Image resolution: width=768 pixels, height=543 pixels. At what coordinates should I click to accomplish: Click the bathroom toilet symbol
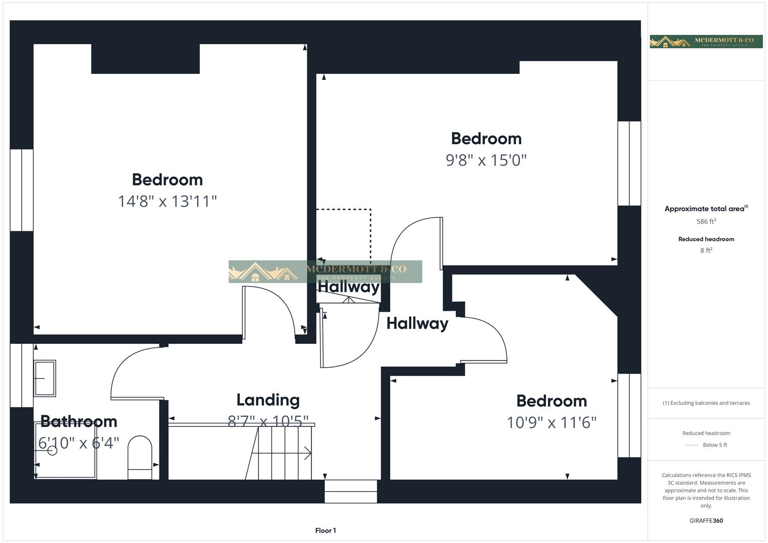tap(140, 457)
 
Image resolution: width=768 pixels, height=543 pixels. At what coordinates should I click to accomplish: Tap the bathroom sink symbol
tap(45, 378)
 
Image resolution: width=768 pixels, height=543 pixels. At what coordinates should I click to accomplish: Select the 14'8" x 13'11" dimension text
tap(167, 201)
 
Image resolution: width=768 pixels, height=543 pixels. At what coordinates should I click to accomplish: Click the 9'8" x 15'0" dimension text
tap(486, 160)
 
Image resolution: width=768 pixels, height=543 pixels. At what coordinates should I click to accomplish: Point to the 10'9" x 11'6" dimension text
tap(551, 422)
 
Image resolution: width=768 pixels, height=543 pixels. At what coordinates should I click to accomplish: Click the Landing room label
tap(268, 400)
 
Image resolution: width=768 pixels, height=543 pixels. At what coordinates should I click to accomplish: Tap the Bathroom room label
tap(78, 421)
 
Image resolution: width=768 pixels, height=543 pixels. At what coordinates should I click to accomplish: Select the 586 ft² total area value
tap(706, 221)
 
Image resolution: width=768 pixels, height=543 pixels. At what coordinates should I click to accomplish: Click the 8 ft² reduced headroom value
tap(706, 250)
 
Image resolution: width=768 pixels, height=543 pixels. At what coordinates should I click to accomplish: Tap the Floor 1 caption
tap(325, 530)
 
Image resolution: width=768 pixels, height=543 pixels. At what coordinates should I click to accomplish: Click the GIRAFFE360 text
tap(706, 520)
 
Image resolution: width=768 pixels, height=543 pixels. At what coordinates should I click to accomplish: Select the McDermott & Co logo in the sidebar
tap(706, 42)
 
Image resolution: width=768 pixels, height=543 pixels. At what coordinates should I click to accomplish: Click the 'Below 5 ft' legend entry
tap(715, 445)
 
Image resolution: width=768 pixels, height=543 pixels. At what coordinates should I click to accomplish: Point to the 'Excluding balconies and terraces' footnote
tap(706, 403)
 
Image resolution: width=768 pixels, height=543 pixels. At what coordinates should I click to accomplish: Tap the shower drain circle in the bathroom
tap(52, 450)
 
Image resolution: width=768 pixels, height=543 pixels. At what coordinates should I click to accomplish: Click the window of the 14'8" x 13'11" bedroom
tap(22, 190)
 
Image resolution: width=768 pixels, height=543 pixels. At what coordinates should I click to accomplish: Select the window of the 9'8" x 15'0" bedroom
tap(629, 163)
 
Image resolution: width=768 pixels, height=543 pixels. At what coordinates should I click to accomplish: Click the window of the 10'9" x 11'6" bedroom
tap(629, 415)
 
